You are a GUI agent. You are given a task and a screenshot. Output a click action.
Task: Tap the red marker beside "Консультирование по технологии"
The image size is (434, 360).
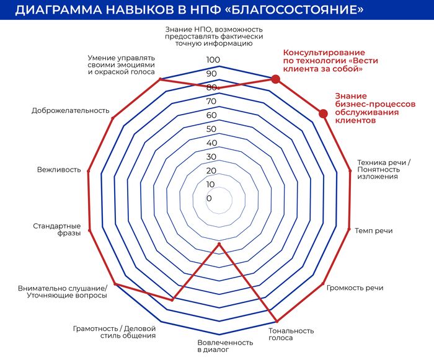tap(275, 79)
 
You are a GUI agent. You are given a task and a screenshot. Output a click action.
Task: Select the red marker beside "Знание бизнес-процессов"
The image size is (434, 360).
tap(322, 113)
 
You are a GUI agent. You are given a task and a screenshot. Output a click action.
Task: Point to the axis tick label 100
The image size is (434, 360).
tap(213, 59)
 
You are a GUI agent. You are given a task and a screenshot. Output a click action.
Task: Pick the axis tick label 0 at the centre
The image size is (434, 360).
tap(209, 199)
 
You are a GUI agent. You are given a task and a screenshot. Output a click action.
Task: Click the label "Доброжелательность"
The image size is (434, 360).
tap(70, 111)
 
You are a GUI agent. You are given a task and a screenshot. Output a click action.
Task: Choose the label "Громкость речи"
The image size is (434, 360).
tap(355, 288)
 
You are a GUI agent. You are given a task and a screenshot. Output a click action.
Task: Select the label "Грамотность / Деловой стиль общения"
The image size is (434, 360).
tap(114, 331)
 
